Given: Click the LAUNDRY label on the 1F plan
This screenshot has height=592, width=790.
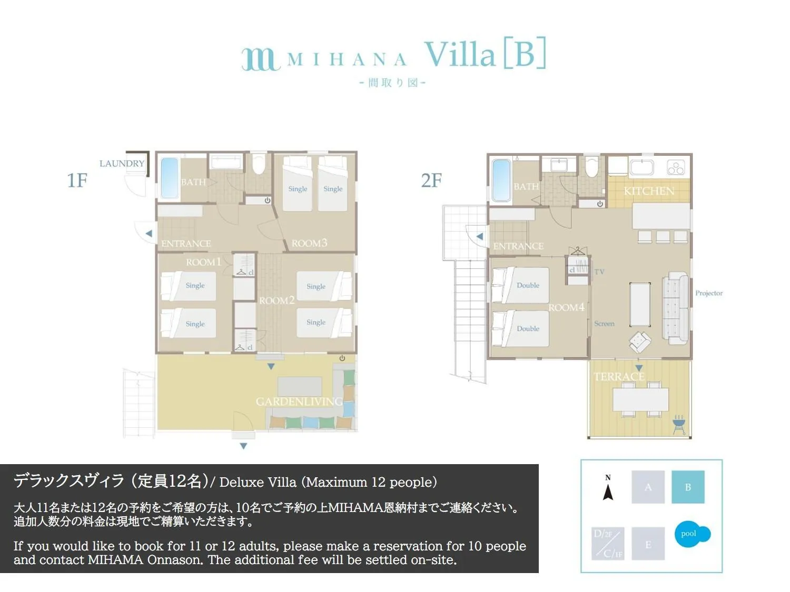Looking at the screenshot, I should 122,164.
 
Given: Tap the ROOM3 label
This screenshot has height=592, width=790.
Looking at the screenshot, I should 309,243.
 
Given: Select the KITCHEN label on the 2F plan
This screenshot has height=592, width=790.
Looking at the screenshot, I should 649,191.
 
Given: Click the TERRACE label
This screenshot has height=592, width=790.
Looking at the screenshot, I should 619,377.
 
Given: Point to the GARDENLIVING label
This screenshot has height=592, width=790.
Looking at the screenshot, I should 299,402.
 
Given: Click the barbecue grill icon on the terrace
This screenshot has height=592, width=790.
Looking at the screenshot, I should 679,424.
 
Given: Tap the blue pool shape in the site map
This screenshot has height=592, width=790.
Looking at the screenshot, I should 692,535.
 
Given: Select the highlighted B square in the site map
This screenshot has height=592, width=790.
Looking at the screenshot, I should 688,487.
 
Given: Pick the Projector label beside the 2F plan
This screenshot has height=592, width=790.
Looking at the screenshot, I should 709,293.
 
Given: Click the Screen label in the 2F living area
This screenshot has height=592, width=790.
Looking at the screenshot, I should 604,324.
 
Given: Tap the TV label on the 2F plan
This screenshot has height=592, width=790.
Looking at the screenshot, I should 599,272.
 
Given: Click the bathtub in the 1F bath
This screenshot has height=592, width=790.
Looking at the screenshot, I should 169,178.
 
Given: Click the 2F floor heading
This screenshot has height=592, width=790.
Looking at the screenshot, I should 431,180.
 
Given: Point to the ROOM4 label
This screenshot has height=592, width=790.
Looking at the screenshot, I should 566,308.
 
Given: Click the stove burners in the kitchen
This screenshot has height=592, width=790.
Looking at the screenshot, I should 676,168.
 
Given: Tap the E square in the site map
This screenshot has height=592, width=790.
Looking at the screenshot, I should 648,544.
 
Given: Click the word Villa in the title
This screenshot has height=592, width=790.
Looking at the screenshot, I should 460,54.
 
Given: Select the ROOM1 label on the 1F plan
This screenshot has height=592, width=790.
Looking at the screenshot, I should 203,262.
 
